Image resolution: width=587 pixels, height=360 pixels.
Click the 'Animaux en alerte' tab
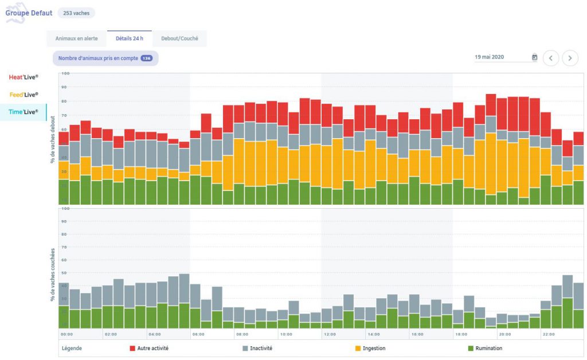point(76,39)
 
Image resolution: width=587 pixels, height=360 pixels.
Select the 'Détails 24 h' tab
point(130,39)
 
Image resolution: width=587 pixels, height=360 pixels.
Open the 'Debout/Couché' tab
point(179,39)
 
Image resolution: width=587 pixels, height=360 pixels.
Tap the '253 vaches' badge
point(76,13)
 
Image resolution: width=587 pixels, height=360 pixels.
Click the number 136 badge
point(147,58)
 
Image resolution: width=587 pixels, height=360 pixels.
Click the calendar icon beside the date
point(534,57)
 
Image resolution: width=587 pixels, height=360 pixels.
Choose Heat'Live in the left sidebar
point(24,77)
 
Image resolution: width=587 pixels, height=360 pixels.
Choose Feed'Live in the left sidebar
point(24,95)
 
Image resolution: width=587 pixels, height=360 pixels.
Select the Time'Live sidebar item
point(24,112)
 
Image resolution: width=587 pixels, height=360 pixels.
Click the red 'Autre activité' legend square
point(132,348)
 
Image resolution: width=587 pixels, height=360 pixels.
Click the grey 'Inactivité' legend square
point(245,348)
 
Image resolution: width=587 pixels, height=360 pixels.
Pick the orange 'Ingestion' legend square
point(358,348)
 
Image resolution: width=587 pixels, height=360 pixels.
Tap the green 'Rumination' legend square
point(471,348)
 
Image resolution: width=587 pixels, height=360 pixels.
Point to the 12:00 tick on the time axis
point(329,334)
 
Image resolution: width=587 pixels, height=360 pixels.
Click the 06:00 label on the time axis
point(198,334)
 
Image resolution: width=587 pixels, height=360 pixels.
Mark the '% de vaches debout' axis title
point(53,138)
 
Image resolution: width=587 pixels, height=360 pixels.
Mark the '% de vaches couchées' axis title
point(53,274)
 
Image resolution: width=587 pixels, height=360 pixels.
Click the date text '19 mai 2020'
point(490,57)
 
